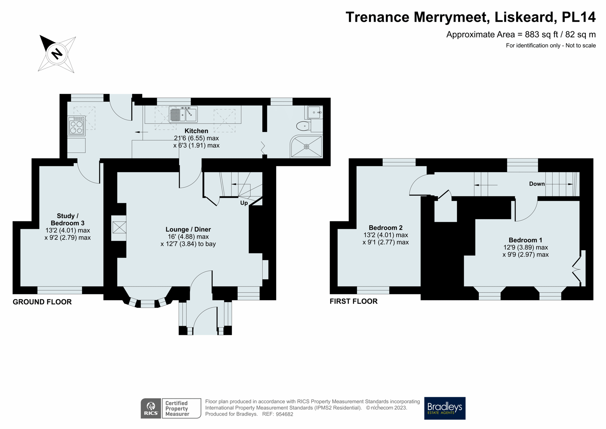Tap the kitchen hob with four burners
point(76,126)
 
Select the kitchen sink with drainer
point(183,114)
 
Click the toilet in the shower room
point(303,126)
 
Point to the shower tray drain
point(306,147)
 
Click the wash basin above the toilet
point(314,112)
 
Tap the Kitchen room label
point(196,131)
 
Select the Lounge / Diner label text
point(188,229)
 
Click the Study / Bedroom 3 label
point(68,220)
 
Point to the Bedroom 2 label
point(385,228)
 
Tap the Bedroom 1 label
point(525,240)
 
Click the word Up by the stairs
point(244,203)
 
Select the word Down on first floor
point(537,184)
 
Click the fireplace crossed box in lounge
point(119,227)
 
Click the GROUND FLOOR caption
point(42,302)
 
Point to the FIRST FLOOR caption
point(353,301)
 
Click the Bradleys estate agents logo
point(444,408)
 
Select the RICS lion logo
point(151,408)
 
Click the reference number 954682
point(284,414)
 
